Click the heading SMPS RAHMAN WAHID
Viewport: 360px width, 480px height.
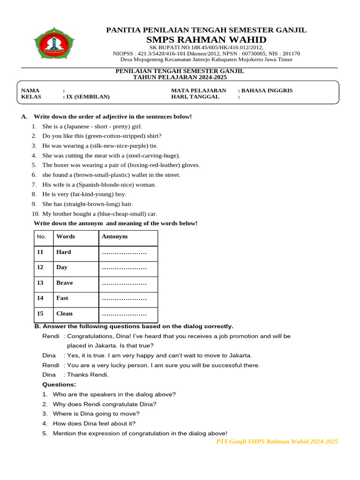[x=206, y=39]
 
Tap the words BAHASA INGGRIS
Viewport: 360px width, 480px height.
[x=267, y=90]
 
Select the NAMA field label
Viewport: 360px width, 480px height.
[x=30, y=90]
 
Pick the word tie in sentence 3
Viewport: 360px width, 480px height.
[x=153, y=146]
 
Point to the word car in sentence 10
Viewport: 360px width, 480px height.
[x=152, y=214]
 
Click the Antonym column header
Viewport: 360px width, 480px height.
[x=114, y=237]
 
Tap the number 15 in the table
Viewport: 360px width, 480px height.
[x=40, y=314]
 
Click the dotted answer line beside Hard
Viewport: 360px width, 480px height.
[x=124, y=252]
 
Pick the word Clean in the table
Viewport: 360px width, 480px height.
[x=65, y=314]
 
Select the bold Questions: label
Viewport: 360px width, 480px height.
[x=60, y=384]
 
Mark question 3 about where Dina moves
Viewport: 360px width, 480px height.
[x=96, y=414]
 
